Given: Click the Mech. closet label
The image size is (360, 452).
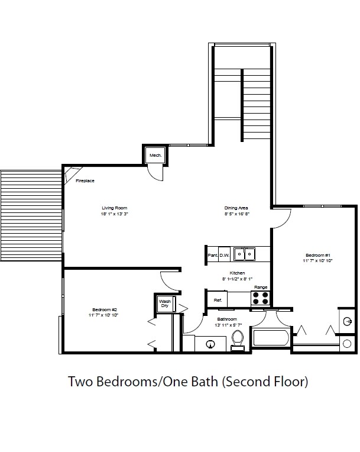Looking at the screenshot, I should point(155,156).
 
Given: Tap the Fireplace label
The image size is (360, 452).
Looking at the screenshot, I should point(86,180).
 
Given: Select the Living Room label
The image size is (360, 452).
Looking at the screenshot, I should point(115,208).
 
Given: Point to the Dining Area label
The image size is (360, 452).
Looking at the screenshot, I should point(236,208).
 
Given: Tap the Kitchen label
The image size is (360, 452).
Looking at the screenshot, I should point(238,273).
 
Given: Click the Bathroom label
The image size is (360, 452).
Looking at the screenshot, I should point(226,319).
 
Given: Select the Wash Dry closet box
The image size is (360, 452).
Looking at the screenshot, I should point(164,304).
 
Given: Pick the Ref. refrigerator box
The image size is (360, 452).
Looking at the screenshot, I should point(218,301).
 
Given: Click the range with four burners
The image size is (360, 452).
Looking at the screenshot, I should point(261,298).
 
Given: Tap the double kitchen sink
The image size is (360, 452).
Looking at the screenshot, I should point(244,254).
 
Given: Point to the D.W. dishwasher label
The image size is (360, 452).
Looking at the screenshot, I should point(225,256).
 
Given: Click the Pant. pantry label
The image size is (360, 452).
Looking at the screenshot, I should point(213,256).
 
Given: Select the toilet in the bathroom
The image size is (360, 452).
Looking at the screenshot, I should point(238,340).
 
